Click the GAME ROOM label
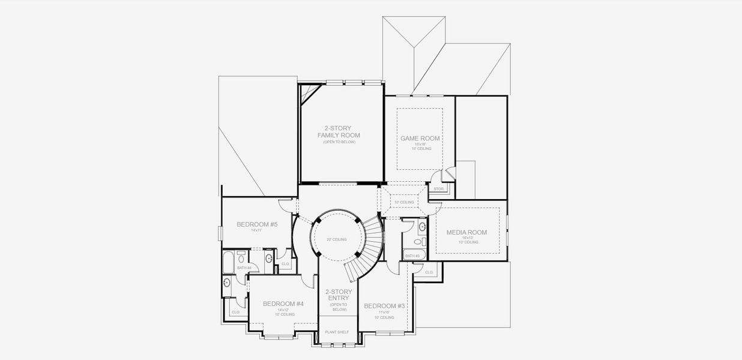pos(420,138)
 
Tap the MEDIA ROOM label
pos(466,232)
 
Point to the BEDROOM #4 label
pos(283,304)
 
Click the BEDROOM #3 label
pos(385,306)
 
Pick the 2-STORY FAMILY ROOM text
pos(339,131)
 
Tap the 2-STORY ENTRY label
pos(339,295)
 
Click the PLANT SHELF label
pos(337,332)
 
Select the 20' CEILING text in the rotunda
pos(336,239)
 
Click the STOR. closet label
pos(439,189)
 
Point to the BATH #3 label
pos(412,256)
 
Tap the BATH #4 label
pos(244,268)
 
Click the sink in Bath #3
pos(421,227)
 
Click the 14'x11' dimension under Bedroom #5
pos(256,230)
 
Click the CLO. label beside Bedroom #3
pos(429,272)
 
